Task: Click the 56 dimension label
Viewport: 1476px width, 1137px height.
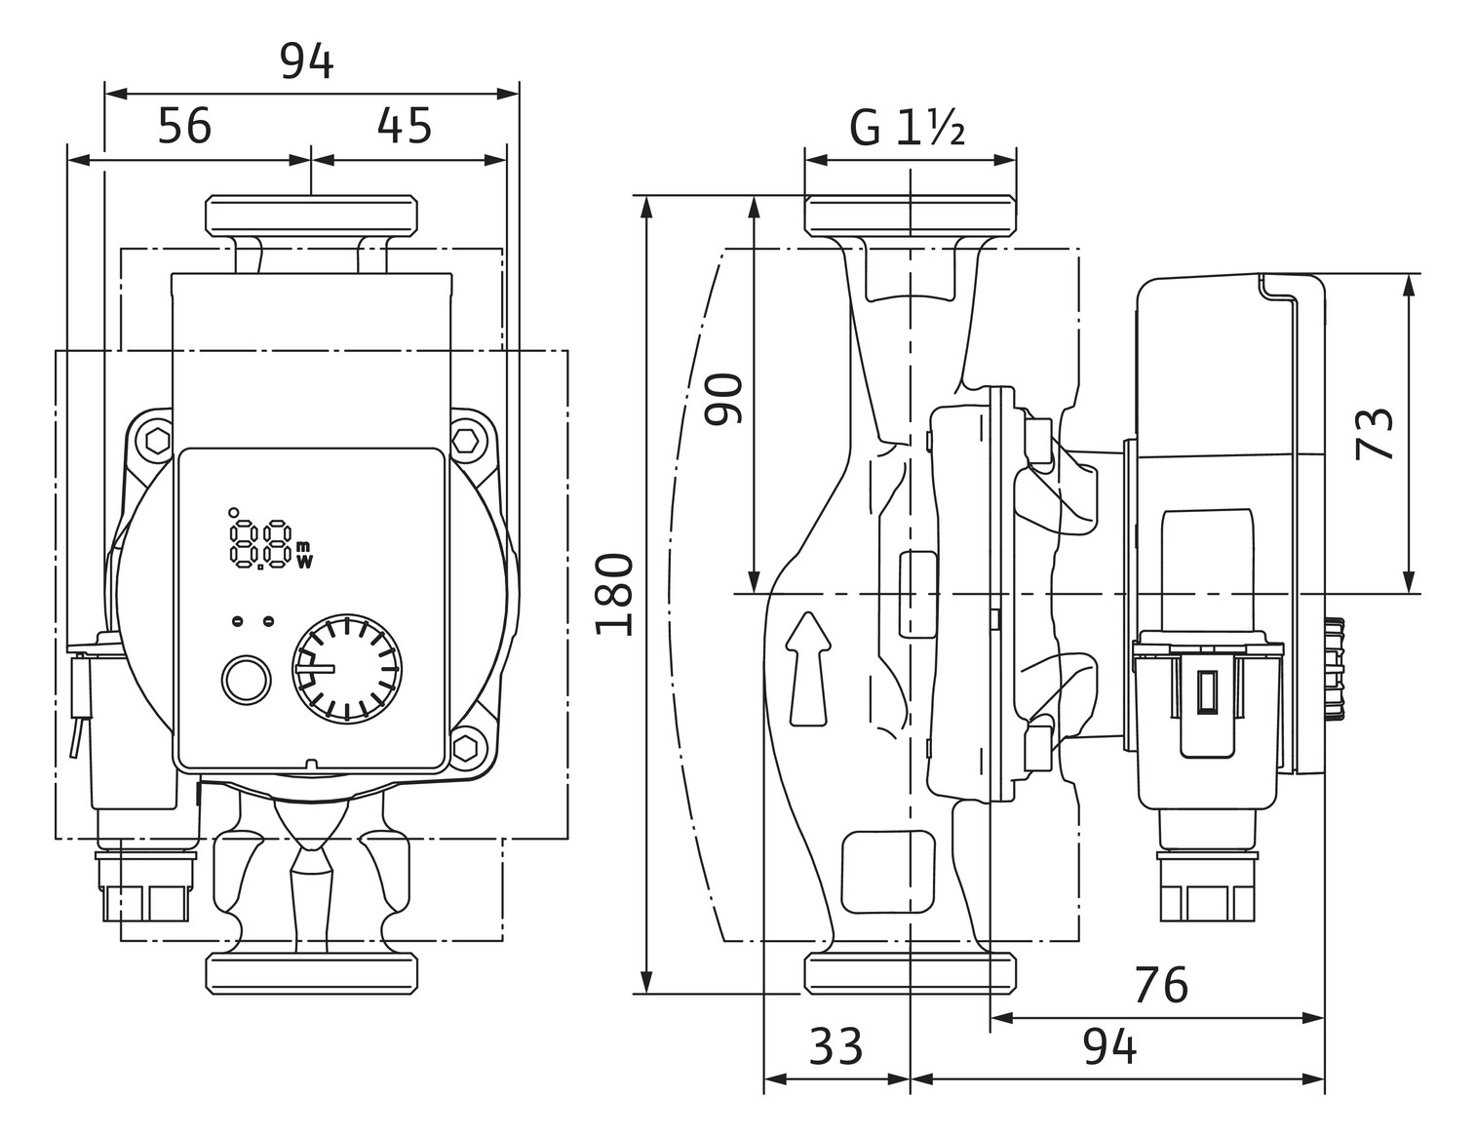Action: (184, 126)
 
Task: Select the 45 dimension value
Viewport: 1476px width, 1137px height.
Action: (405, 126)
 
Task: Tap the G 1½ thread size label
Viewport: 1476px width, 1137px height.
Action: (907, 128)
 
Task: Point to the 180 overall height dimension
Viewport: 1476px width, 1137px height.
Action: (615, 594)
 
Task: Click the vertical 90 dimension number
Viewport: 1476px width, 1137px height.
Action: (724, 398)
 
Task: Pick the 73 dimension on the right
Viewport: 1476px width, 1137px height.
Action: (1376, 433)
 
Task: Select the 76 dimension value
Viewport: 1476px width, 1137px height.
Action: (1160, 985)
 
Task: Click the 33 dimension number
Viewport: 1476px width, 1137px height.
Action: (835, 1046)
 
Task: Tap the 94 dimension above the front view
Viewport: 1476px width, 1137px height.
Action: (307, 62)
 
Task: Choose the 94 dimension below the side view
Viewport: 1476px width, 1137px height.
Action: (1109, 1047)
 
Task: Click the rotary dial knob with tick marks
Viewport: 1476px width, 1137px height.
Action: (349, 670)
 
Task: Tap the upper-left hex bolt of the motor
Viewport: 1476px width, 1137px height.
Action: (156, 440)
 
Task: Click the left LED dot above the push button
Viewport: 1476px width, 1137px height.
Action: (237, 621)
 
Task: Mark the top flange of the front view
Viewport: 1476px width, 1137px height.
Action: (311, 216)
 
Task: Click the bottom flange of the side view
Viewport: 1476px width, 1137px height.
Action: (911, 974)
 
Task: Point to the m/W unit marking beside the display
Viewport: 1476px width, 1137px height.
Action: (304, 553)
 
